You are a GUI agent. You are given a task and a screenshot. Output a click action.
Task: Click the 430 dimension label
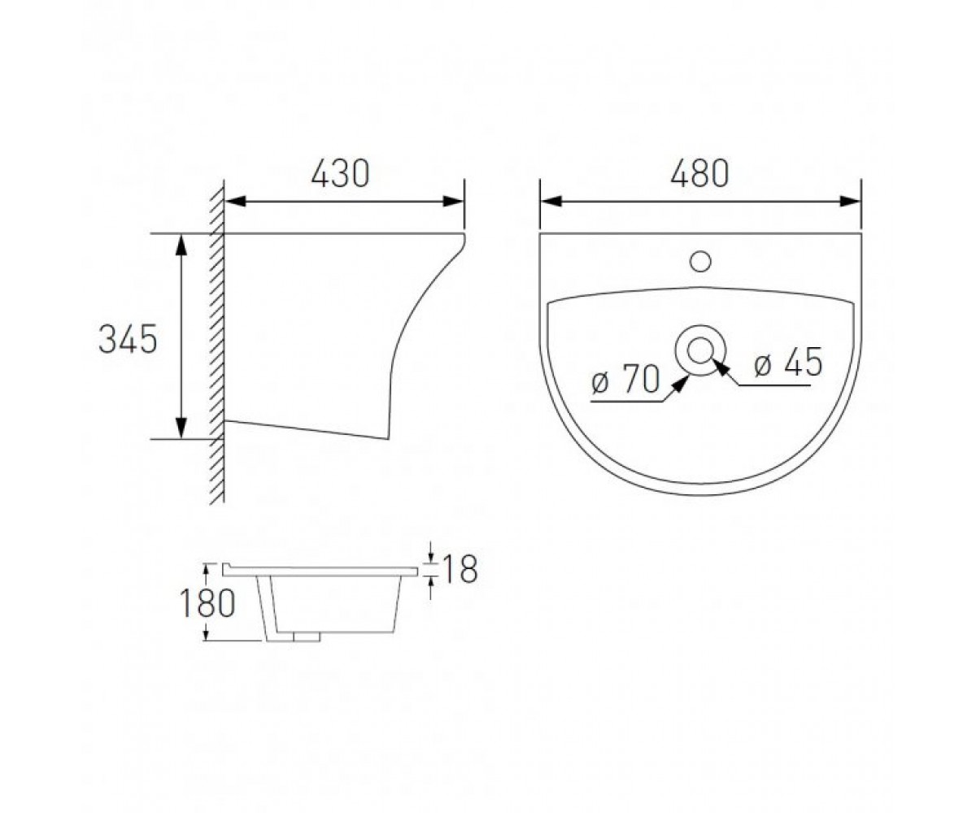(340, 173)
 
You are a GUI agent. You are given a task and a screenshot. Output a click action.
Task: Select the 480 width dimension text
(699, 173)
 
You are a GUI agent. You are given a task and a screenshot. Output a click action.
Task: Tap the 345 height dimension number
(128, 339)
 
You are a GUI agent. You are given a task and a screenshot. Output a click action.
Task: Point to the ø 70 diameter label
(625, 379)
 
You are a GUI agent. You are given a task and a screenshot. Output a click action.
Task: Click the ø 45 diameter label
(788, 362)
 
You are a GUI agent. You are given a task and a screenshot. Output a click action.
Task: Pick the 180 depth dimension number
(207, 602)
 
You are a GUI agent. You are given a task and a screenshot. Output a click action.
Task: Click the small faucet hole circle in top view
(700, 262)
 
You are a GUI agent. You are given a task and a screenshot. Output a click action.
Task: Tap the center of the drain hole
(700, 350)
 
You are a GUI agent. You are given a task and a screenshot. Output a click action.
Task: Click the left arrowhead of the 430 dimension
(236, 202)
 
